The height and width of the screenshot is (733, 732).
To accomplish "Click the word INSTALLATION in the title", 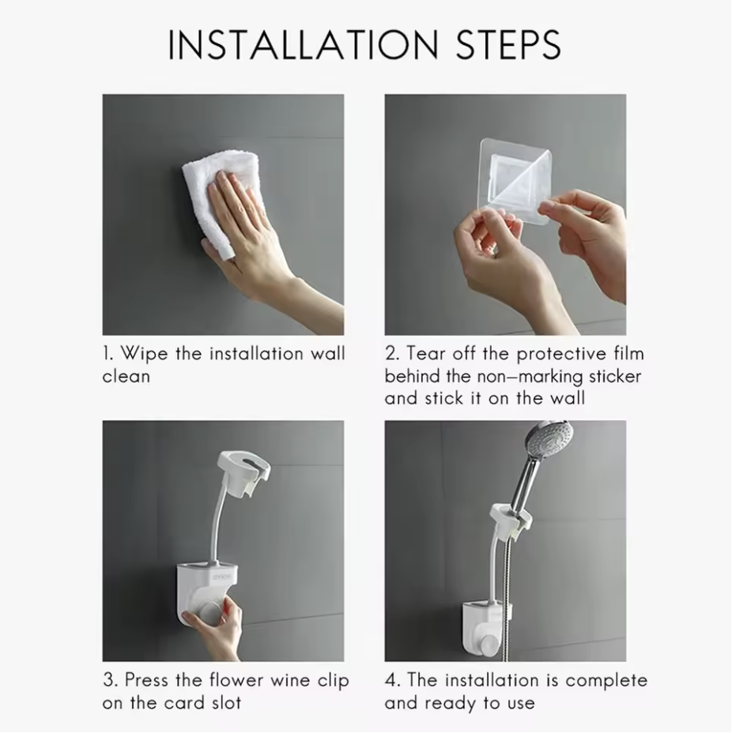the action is point(303,45).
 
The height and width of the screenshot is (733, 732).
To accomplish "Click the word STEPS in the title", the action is point(508,45).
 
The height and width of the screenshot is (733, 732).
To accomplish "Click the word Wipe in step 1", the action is point(144,355).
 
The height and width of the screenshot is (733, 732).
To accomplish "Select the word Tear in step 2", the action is point(425,353).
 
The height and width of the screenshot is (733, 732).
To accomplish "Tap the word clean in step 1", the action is point(126,376).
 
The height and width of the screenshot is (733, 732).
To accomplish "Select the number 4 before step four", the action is point(390,680).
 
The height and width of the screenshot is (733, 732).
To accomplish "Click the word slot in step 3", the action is point(226,703).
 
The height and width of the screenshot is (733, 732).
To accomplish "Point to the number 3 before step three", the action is point(108,680).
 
